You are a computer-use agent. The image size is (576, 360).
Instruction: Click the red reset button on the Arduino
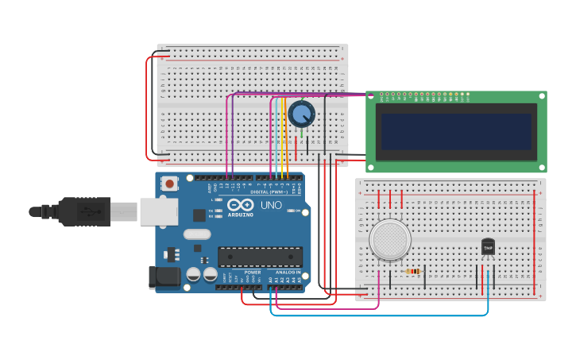169,184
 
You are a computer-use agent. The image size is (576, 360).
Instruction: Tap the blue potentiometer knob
301,114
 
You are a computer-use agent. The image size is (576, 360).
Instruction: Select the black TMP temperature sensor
488,247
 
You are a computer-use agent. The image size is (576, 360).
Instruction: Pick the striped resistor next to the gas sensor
412,272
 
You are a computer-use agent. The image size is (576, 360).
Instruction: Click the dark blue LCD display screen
455,131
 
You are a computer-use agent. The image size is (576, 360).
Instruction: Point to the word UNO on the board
271,204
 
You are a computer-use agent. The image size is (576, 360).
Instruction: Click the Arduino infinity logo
240,204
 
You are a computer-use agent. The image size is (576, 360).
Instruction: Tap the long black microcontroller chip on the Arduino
260,257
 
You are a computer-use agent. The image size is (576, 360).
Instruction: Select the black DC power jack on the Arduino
165,277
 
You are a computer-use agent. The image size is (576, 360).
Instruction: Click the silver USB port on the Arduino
158,211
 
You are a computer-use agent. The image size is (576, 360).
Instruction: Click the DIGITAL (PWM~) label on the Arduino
268,192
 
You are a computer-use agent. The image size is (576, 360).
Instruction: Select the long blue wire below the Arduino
381,315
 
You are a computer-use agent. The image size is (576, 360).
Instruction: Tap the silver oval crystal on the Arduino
196,234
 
